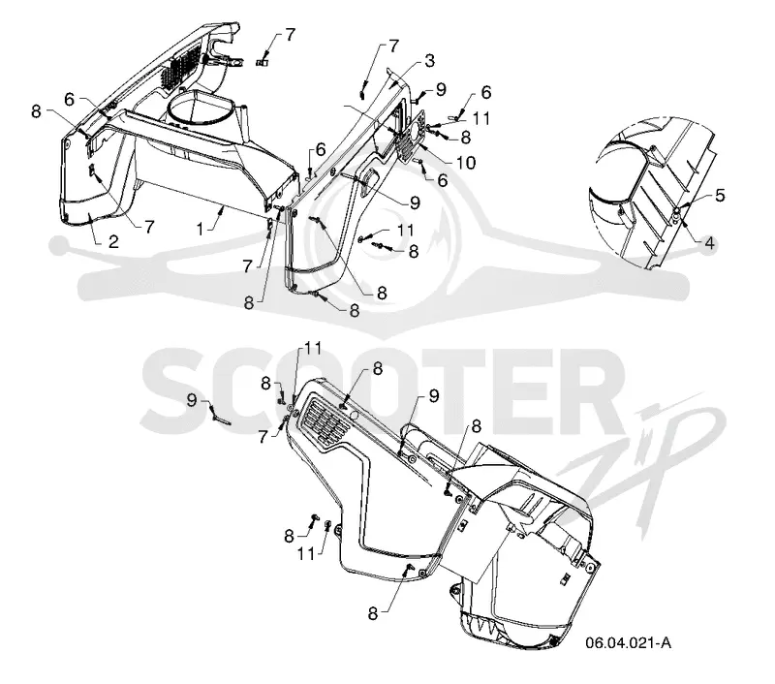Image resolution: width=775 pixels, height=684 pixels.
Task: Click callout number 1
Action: (201, 229)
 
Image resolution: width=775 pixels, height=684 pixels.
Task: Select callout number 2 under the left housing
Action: (113, 241)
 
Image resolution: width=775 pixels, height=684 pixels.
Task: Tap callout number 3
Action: (429, 61)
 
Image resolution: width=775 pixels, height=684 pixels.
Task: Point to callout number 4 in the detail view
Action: (709, 243)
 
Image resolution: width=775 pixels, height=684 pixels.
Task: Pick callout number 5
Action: (720, 195)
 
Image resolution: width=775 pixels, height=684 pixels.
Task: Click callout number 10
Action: (465, 162)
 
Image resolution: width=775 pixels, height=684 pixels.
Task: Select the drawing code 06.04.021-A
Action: (628, 643)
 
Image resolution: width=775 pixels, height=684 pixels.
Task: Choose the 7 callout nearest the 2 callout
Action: (149, 227)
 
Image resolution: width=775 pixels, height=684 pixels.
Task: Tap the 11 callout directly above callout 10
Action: (480, 118)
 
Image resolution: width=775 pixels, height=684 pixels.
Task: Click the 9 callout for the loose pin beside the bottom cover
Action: (192, 400)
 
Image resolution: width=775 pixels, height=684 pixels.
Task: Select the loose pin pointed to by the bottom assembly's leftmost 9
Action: (221, 419)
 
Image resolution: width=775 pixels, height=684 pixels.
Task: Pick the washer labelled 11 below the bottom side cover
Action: (327, 525)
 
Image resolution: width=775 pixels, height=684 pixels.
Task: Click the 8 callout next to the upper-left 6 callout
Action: (36, 111)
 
